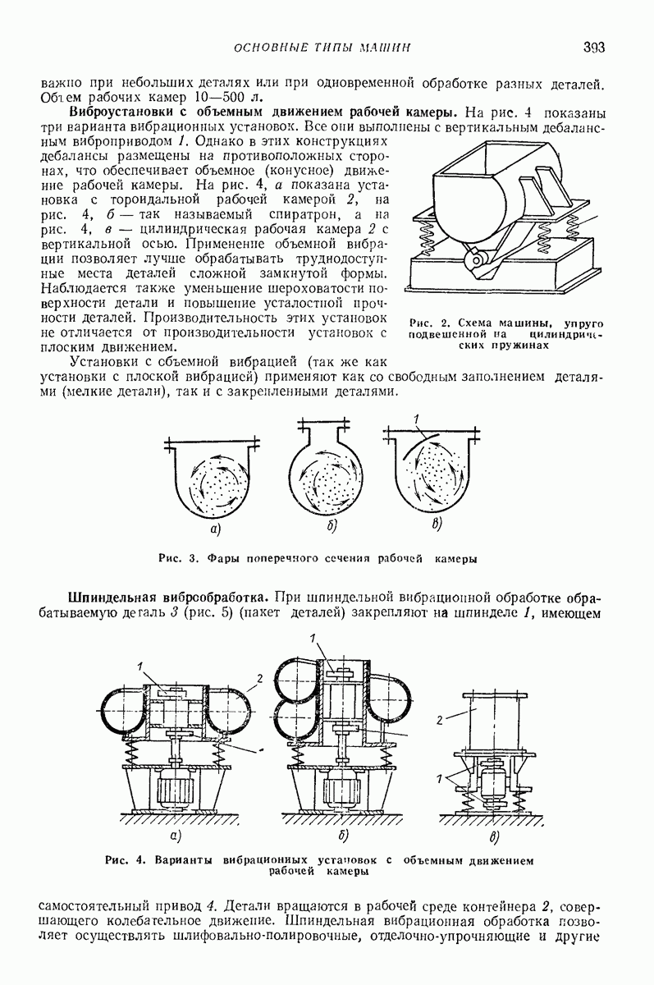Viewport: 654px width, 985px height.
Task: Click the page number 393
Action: click(594, 48)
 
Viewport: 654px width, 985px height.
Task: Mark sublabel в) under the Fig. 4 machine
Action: click(493, 838)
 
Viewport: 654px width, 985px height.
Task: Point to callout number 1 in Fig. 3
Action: click(417, 424)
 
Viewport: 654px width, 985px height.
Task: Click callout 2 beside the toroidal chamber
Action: click(259, 678)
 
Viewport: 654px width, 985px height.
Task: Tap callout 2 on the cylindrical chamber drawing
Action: click(440, 720)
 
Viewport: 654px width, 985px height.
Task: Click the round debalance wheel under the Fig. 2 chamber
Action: click(473, 262)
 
